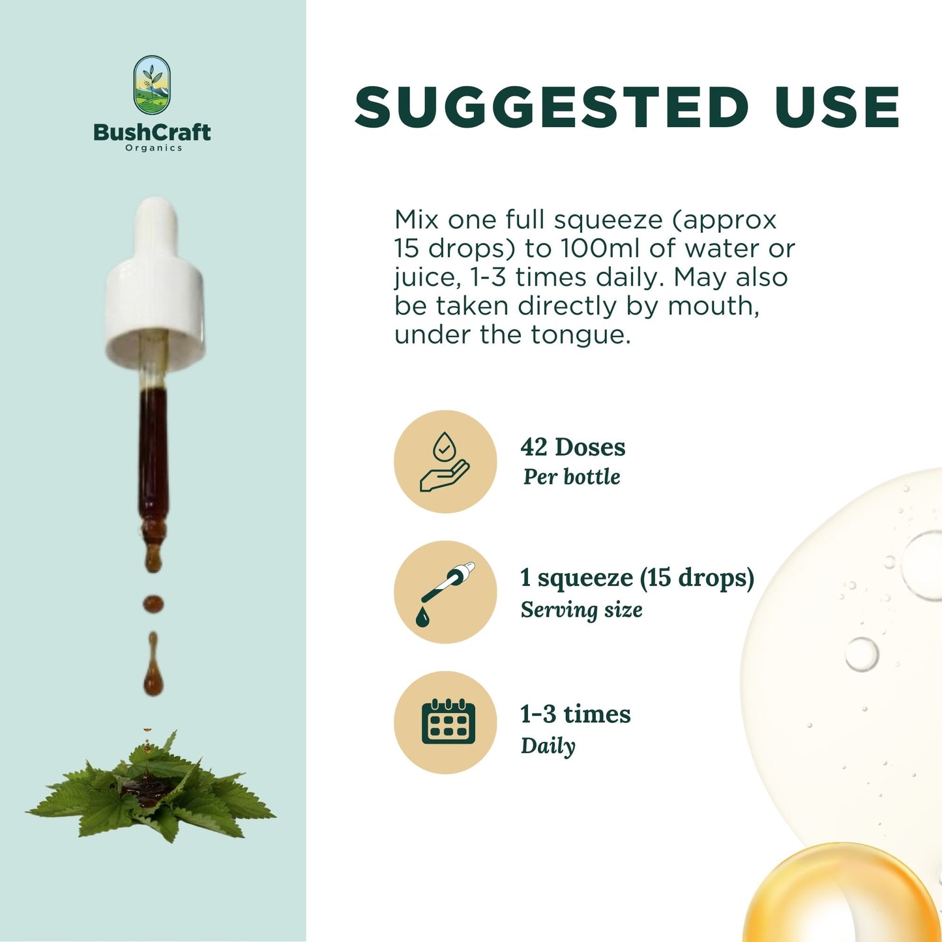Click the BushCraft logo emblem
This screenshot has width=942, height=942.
coord(152,85)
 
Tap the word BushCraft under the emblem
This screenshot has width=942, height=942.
coord(152,132)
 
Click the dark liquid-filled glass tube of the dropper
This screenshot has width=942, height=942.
coord(153,454)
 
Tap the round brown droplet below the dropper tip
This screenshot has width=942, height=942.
coord(153,604)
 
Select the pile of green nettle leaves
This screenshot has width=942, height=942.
coord(151,787)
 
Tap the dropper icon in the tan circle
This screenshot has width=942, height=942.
coord(447,594)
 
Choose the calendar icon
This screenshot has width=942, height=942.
coord(448,722)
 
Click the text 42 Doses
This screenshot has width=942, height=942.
coord(573,447)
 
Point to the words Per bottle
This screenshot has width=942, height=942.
coord(572,477)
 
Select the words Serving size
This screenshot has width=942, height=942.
coord(581,610)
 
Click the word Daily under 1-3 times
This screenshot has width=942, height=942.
coord(548,746)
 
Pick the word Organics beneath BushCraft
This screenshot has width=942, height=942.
coord(154,148)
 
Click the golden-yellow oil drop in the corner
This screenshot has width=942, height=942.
coord(841,894)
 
